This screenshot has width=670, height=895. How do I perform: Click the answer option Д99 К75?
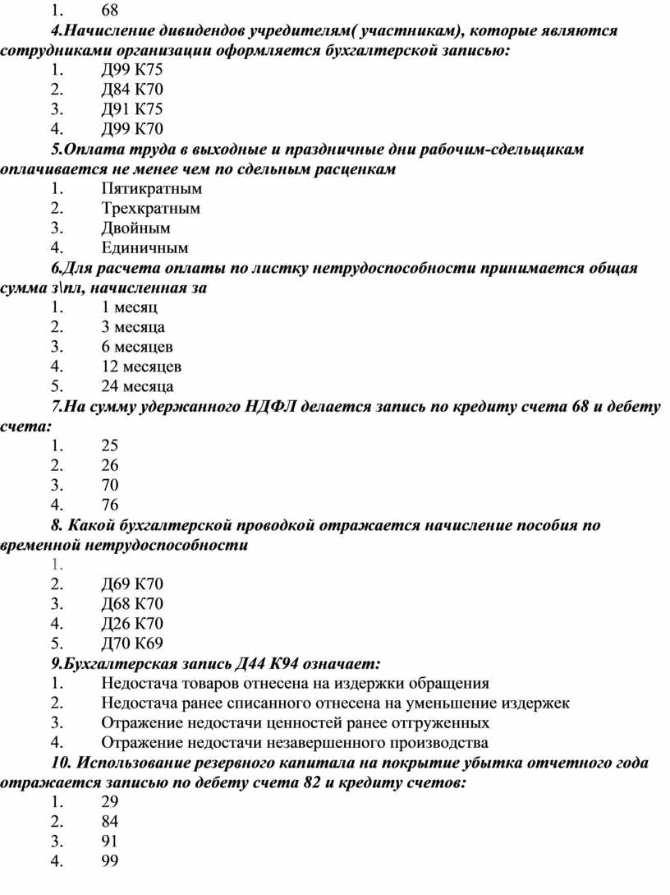pyautogui.click(x=132, y=71)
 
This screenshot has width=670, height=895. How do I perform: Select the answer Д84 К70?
pyautogui.click(x=132, y=90)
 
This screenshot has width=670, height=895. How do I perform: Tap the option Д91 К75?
pyautogui.click(x=132, y=110)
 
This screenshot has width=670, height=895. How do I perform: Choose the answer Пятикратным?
pyautogui.click(x=152, y=188)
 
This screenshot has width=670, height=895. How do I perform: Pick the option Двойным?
pyautogui.click(x=136, y=228)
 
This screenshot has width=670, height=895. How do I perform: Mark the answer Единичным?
pyautogui.click(x=145, y=247)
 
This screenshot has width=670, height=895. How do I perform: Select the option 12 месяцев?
pyautogui.click(x=141, y=367)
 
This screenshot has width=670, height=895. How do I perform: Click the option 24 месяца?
pyautogui.click(x=137, y=386)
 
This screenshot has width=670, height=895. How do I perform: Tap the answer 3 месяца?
pyautogui.click(x=133, y=327)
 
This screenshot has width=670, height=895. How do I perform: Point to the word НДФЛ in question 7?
pyautogui.click(x=268, y=407)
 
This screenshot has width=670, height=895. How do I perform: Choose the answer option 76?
pyautogui.click(x=110, y=505)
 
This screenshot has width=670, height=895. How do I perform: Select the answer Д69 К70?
pyautogui.click(x=132, y=584)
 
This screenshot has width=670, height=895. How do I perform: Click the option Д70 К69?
pyautogui.click(x=132, y=644)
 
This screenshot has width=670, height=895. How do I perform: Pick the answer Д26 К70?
pyautogui.click(x=132, y=624)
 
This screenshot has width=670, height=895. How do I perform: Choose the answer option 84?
pyautogui.click(x=110, y=822)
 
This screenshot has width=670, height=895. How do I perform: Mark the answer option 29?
pyautogui.click(x=110, y=802)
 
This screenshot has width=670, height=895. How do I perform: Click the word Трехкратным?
pyautogui.click(x=151, y=208)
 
